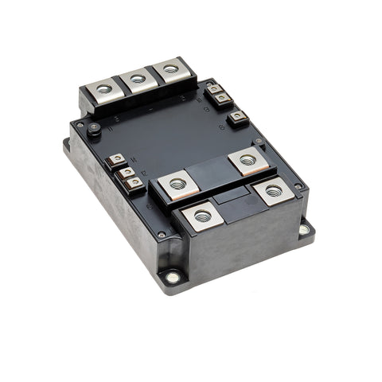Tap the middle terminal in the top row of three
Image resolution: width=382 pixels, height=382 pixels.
coord(138,78)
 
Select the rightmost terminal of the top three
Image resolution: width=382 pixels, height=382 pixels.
coord(170,69)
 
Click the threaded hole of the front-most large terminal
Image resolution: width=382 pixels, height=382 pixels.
coord(202,216)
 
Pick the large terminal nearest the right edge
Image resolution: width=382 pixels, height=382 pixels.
coord(274,190)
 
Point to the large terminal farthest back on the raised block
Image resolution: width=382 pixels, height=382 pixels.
coord(248,160)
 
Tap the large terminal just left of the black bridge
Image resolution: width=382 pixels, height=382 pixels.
coord(177,185)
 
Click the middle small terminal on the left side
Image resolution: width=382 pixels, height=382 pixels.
coord(126,171)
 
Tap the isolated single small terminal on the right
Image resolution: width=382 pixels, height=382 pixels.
coord(237,118)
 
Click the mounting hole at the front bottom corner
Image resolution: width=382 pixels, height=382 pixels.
coord(172,277)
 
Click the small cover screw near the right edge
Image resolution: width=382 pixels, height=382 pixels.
coord(298,186)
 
